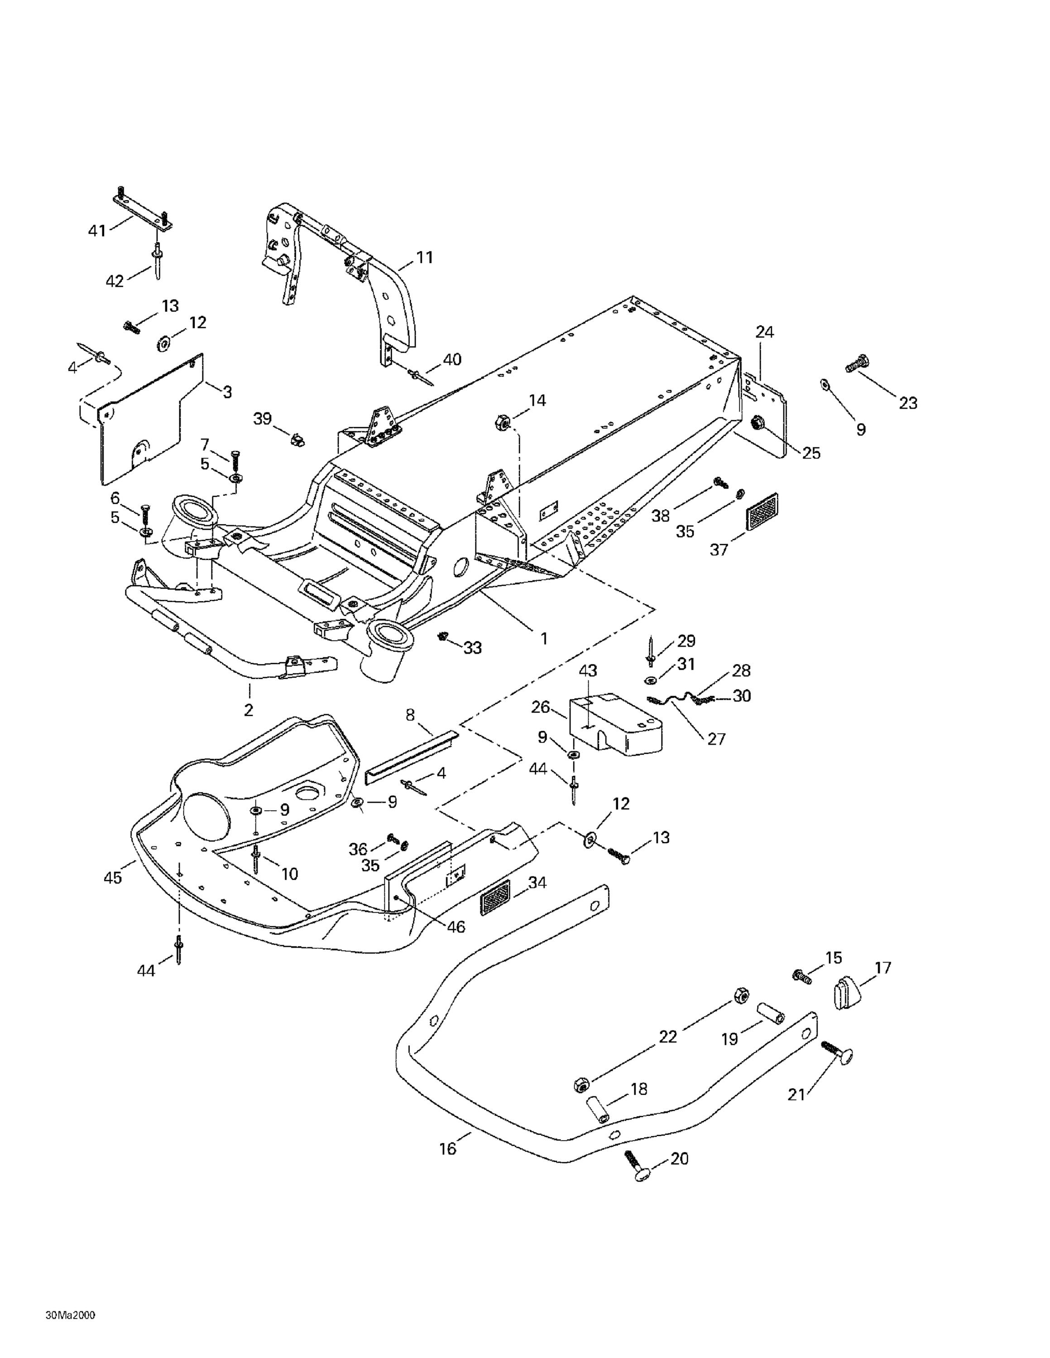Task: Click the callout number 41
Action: (x=97, y=231)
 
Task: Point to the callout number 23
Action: (x=908, y=403)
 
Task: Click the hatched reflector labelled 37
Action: (x=762, y=511)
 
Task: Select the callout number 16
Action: (x=448, y=1149)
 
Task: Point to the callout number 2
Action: (x=249, y=709)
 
